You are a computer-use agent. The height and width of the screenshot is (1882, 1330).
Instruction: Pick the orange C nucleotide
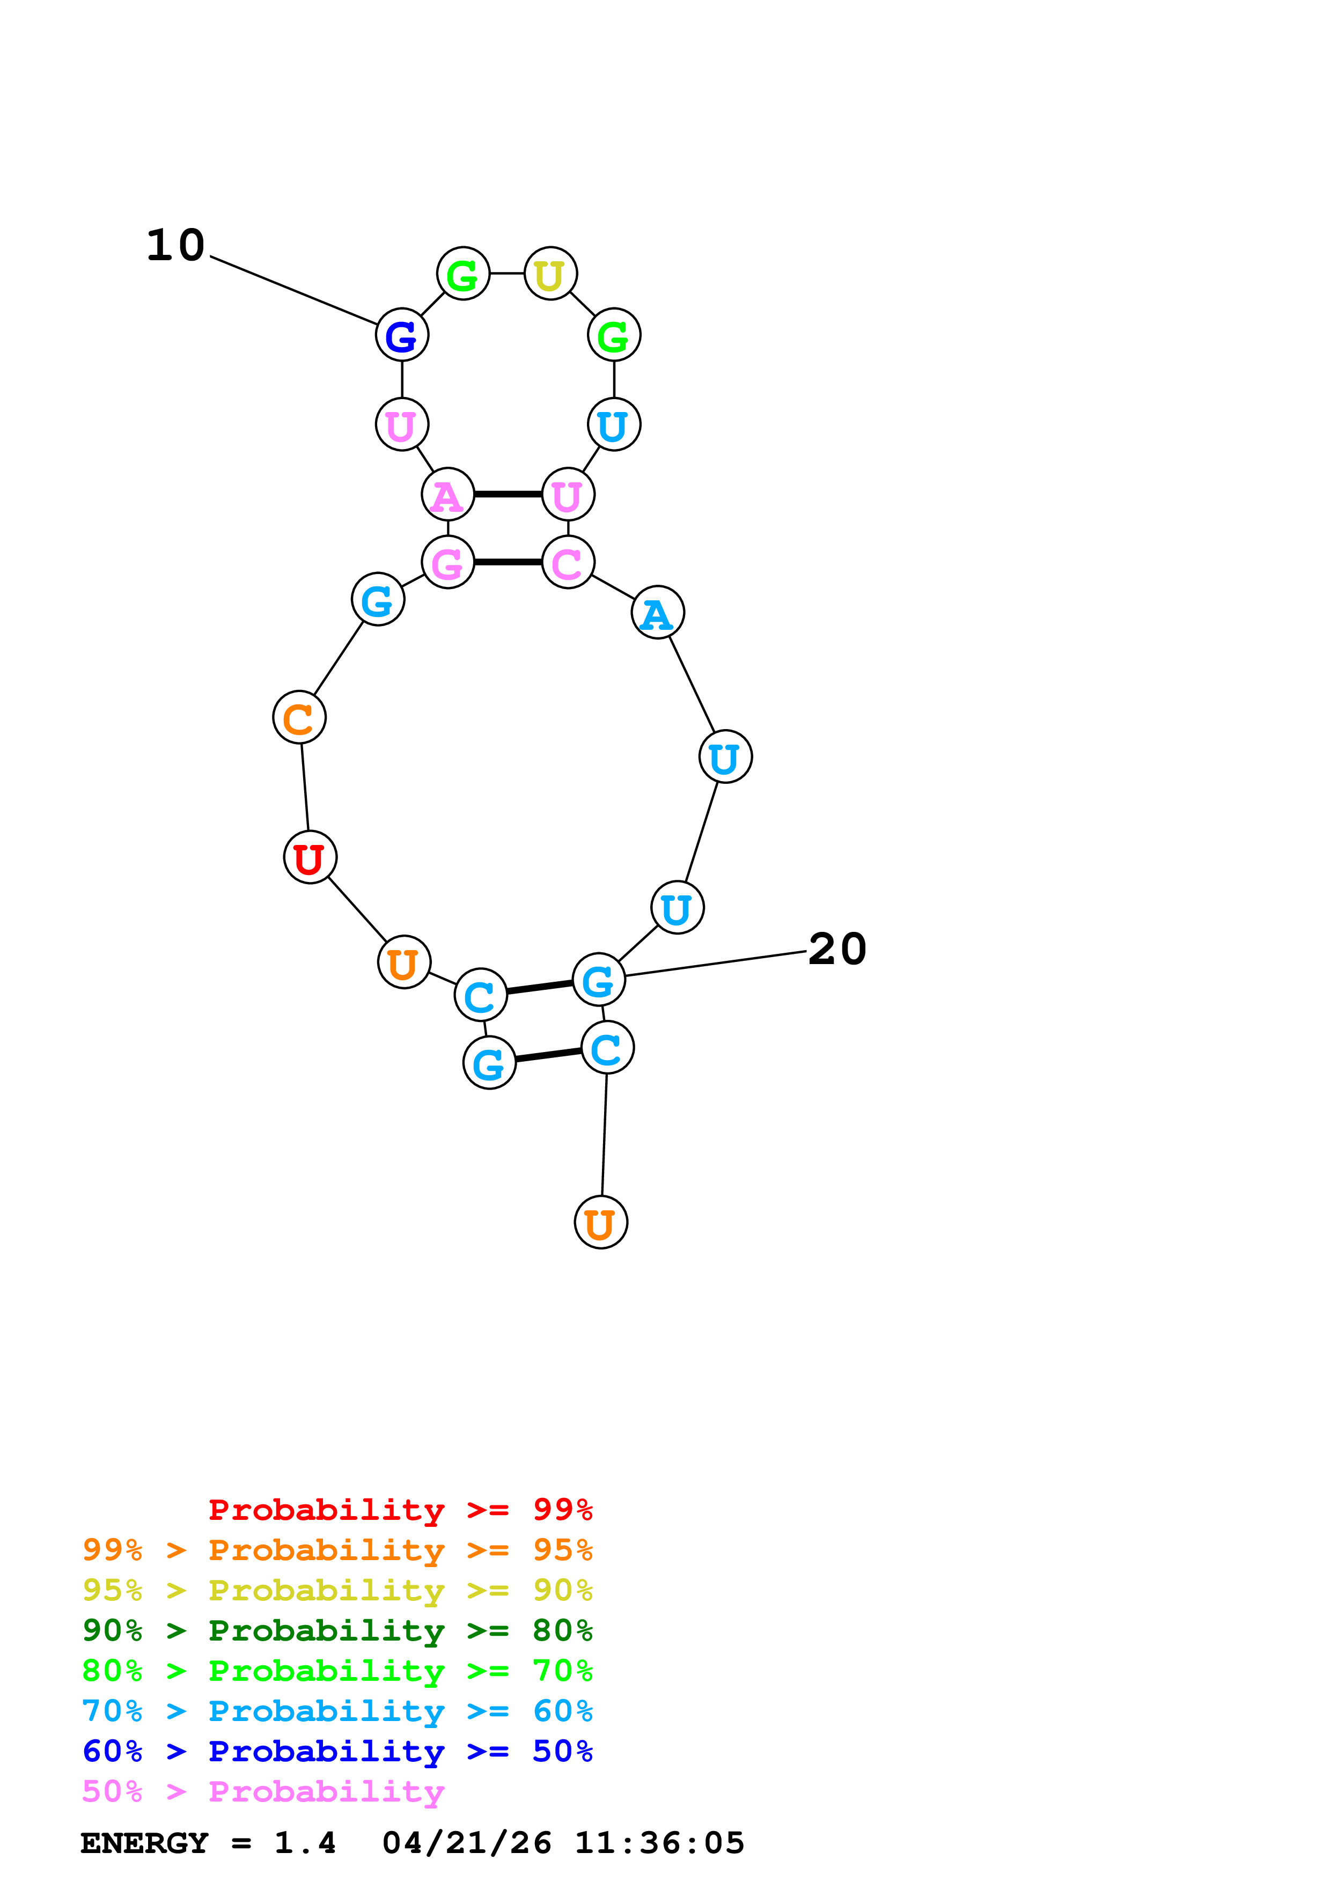(x=299, y=717)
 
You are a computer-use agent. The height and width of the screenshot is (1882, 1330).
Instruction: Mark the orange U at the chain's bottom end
(x=601, y=1222)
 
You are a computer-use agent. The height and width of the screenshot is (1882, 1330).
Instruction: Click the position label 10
(x=175, y=245)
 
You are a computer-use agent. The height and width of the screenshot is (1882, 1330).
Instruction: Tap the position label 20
(x=836, y=949)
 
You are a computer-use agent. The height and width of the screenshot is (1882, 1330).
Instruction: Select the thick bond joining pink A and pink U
(x=508, y=494)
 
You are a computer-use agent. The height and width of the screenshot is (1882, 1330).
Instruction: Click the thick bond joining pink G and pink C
(x=508, y=562)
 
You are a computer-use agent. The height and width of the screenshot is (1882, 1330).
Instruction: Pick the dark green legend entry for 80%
(x=337, y=1630)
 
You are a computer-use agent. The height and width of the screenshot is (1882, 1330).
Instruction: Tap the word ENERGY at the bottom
(x=144, y=1843)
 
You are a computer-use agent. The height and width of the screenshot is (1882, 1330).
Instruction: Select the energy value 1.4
(x=305, y=1843)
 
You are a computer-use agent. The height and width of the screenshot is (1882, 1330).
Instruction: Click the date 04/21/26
(x=466, y=1843)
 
